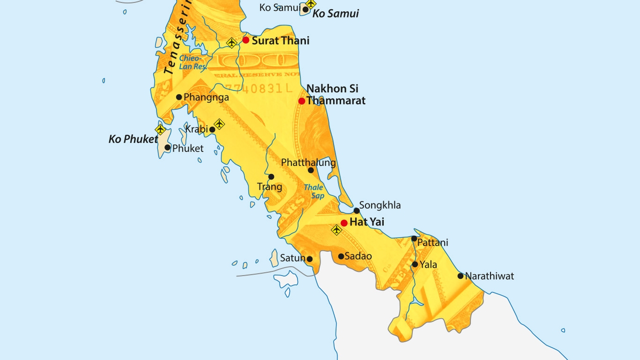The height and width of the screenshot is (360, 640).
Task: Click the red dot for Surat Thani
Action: [x=245, y=40]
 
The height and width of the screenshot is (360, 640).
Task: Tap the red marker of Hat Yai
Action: [x=344, y=223]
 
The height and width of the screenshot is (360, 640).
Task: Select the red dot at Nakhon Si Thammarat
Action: [x=301, y=101]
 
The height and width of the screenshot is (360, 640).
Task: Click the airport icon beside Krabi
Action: [x=219, y=123]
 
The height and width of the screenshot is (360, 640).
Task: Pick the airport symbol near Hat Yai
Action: [x=336, y=230]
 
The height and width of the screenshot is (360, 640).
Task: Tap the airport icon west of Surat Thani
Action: [x=231, y=43]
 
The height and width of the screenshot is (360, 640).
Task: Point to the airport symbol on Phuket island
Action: [x=160, y=130]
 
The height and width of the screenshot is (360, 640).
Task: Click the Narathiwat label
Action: [x=489, y=276]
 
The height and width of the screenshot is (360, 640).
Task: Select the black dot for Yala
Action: [x=414, y=264]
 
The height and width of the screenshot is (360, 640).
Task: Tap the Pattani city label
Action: [x=432, y=242]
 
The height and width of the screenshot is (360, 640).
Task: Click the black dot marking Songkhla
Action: [x=356, y=210]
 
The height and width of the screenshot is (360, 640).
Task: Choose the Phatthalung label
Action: [x=308, y=162]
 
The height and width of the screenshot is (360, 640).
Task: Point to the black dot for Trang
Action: [x=271, y=176]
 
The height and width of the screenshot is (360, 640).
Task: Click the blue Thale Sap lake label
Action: [x=313, y=191]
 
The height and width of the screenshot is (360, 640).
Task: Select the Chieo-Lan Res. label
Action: [x=192, y=62]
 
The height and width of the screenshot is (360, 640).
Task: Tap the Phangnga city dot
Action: [x=179, y=97]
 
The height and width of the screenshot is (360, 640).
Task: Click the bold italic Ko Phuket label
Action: [x=133, y=139]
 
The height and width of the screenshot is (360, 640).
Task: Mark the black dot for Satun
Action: [x=309, y=259]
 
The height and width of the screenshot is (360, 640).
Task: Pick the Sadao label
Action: [x=358, y=256]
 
